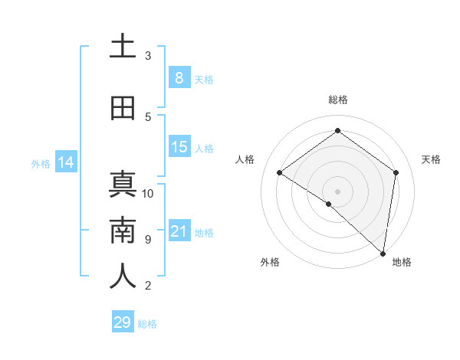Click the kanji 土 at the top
click(x=123, y=47)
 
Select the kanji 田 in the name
click(x=123, y=109)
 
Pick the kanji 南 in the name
click(x=123, y=231)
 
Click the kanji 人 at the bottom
click(x=123, y=277)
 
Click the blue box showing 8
click(x=179, y=77)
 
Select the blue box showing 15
click(x=179, y=147)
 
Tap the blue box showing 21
click(x=179, y=231)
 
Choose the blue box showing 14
click(x=65, y=162)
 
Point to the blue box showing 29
click(x=123, y=322)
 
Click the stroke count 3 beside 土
click(x=148, y=56)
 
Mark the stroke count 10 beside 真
click(x=148, y=194)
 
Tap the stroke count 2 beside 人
click(x=148, y=286)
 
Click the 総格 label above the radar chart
click(x=337, y=100)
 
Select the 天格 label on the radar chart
click(x=432, y=159)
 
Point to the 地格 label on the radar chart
click(x=402, y=262)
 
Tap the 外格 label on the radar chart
click(x=270, y=262)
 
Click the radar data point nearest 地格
click(x=383, y=252)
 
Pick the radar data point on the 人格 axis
click(x=280, y=172)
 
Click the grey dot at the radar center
click(x=337, y=191)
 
